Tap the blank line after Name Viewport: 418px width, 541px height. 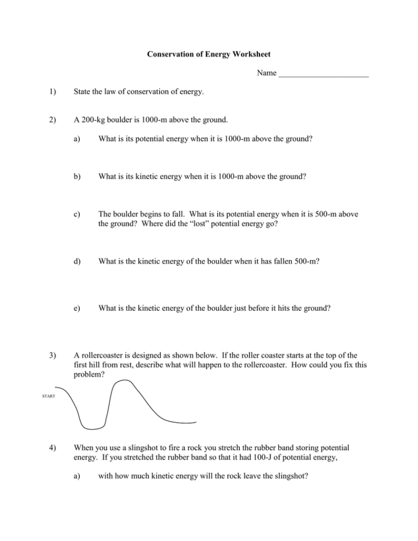point(324,75)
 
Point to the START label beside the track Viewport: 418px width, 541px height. point(49,397)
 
